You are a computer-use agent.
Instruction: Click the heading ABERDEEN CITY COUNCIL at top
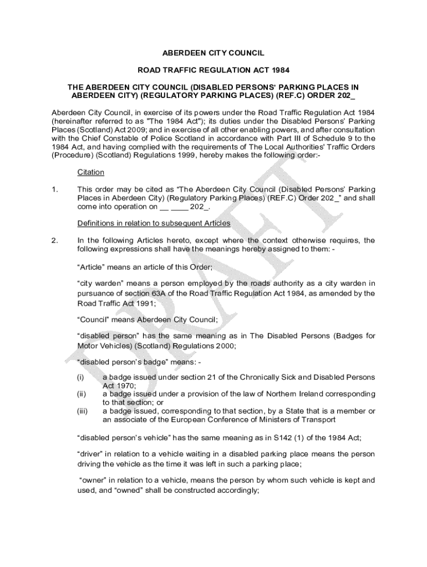click(x=213, y=53)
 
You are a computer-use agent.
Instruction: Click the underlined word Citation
click(x=90, y=173)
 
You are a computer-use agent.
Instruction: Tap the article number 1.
click(x=54, y=189)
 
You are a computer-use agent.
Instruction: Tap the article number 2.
click(x=54, y=240)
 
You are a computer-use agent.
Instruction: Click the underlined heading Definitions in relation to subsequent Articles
click(x=154, y=223)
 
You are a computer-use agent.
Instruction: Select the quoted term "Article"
click(x=91, y=267)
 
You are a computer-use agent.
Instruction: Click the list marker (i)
click(x=81, y=377)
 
